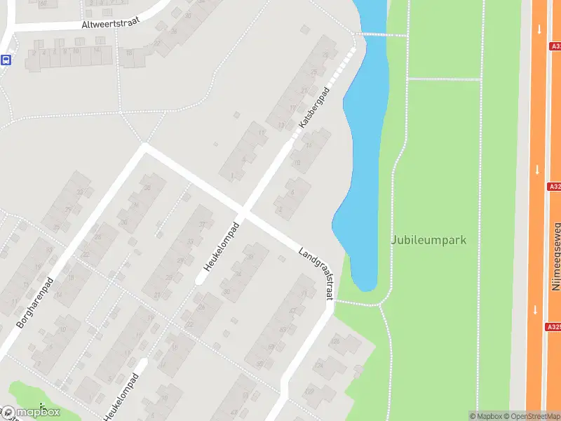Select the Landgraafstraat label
pyautogui.click(x=316, y=274)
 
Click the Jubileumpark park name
pyautogui.click(x=428, y=240)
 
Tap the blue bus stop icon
pyautogui.click(x=6, y=60)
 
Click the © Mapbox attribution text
pyautogui.click(x=487, y=416)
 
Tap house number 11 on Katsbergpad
pyautogui.click(x=262, y=132)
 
